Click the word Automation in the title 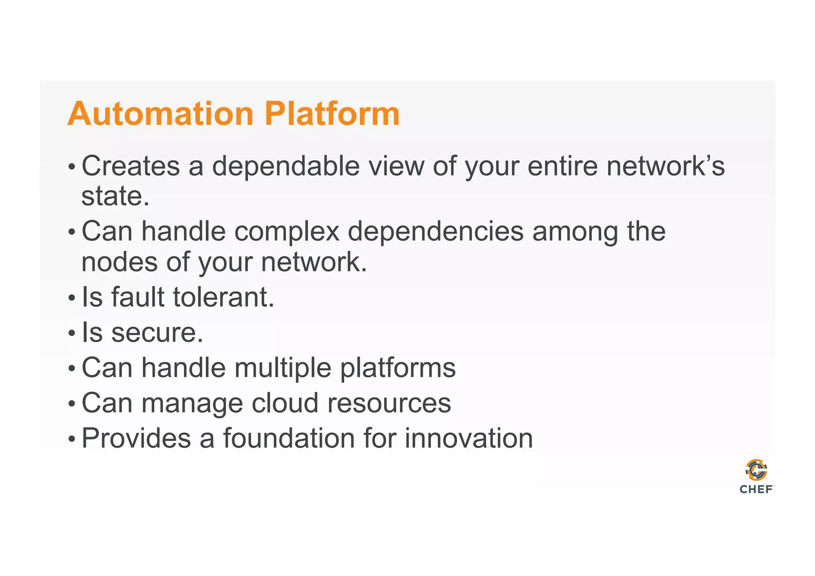[160, 114]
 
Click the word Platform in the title [332, 114]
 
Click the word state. [115, 196]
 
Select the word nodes [119, 262]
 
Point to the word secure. [157, 333]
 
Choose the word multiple [283, 368]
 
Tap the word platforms [398, 369]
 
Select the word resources [389, 404]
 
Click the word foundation [289, 438]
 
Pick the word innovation [468, 438]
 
